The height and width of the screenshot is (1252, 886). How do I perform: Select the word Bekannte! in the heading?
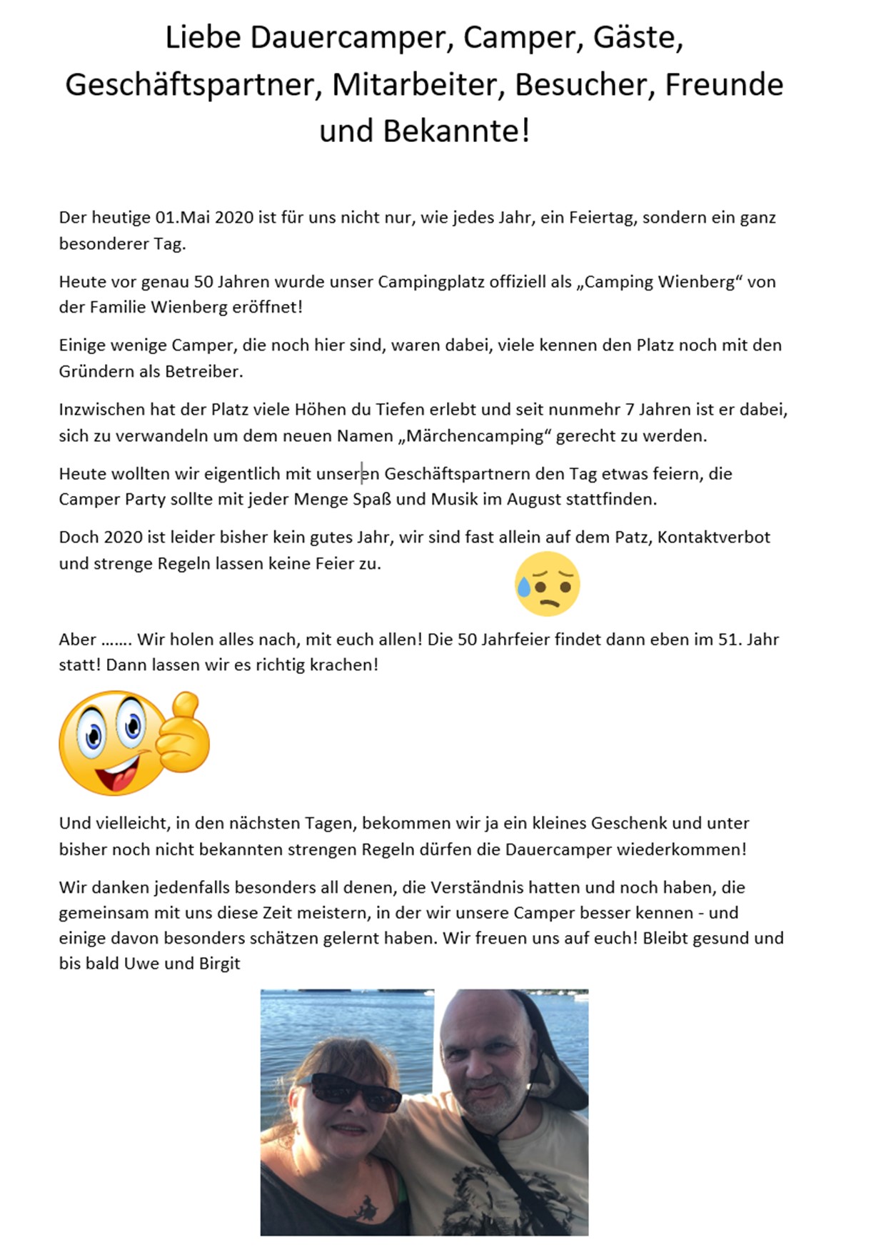[456, 131]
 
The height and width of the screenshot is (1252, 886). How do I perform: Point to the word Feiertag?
[603, 218]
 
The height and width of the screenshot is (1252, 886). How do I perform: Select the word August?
[533, 500]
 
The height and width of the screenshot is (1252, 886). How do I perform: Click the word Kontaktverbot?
[713, 537]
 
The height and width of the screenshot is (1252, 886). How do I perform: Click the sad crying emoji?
[547, 584]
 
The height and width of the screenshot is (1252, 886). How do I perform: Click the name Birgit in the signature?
[219, 964]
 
